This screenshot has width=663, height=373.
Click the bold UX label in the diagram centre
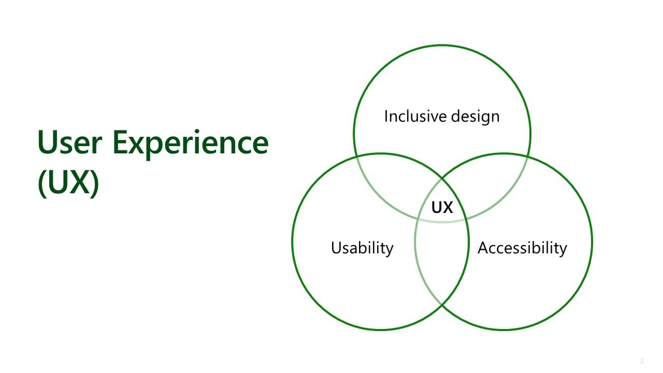point(442,207)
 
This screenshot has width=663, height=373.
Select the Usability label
point(362,248)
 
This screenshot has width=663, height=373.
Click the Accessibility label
point(522,248)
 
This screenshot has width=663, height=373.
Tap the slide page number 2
point(642,361)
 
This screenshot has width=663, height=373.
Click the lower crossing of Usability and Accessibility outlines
point(442,305)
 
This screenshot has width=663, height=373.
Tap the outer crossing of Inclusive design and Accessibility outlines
point(528,156)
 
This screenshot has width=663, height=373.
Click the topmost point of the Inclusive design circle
point(442,45)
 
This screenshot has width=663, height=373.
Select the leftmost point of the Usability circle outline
point(292,241)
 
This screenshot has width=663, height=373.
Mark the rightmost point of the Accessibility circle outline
point(592,241)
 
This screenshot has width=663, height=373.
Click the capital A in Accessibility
point(483,248)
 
